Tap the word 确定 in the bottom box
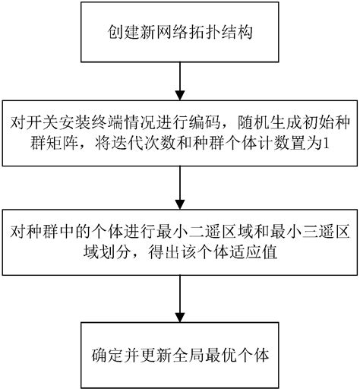pos(107,355)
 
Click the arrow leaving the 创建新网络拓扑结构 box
pos(179,77)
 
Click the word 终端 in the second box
pos(99,122)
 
